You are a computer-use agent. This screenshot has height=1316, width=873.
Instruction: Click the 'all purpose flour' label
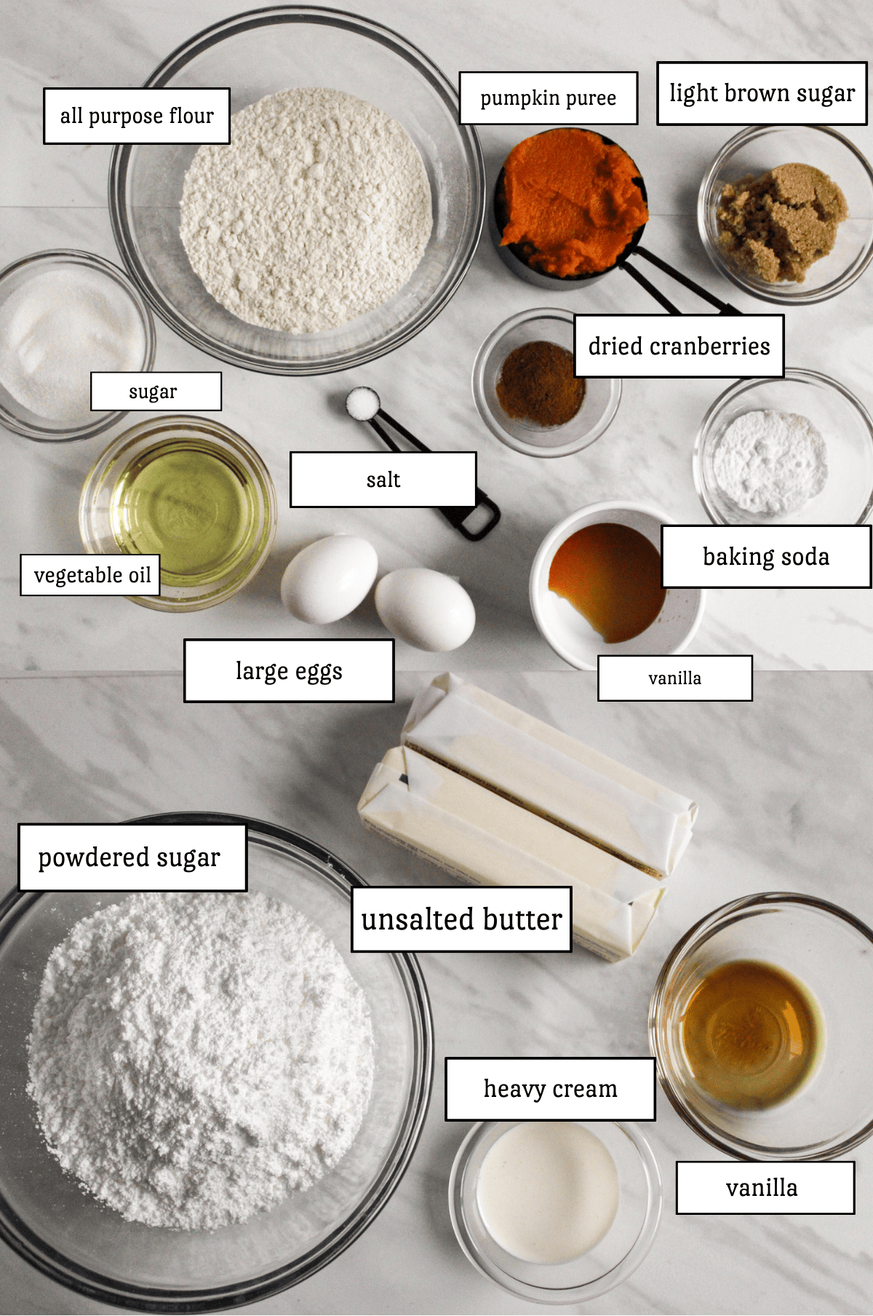pyautogui.click(x=137, y=116)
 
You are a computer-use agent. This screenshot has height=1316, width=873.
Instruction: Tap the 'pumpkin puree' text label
pyautogui.click(x=549, y=98)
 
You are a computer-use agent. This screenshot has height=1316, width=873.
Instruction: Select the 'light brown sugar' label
pyautogui.click(x=762, y=94)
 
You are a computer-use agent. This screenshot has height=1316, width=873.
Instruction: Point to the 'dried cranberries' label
pyautogui.click(x=679, y=346)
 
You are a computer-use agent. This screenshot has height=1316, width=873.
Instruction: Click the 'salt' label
pyautogui.click(x=383, y=480)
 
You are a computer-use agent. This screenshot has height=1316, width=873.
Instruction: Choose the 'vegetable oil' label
pyautogui.click(x=91, y=575)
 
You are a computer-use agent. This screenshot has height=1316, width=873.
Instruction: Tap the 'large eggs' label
pyautogui.click(x=289, y=671)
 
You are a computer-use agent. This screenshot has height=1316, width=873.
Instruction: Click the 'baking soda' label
pyautogui.click(x=765, y=557)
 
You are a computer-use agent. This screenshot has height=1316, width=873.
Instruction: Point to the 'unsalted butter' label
pyautogui.click(x=461, y=919)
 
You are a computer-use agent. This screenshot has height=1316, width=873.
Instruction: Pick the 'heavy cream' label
pyautogui.click(x=550, y=1089)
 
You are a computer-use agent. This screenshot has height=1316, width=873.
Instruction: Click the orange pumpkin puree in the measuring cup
pyautogui.click(x=571, y=200)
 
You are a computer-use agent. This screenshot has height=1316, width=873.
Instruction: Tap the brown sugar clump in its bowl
pyautogui.click(x=782, y=218)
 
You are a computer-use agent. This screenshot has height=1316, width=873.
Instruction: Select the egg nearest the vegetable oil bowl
pyautogui.click(x=329, y=579)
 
